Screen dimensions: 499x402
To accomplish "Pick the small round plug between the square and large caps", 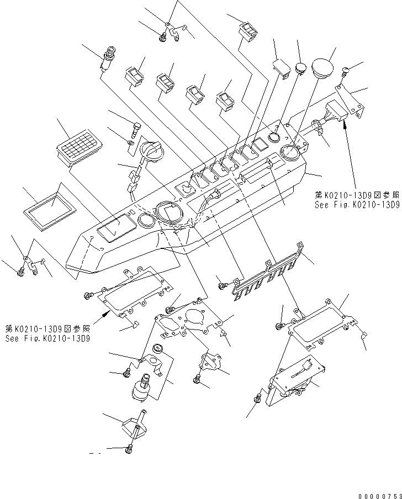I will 301,68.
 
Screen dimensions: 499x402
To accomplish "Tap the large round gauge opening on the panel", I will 167,212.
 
